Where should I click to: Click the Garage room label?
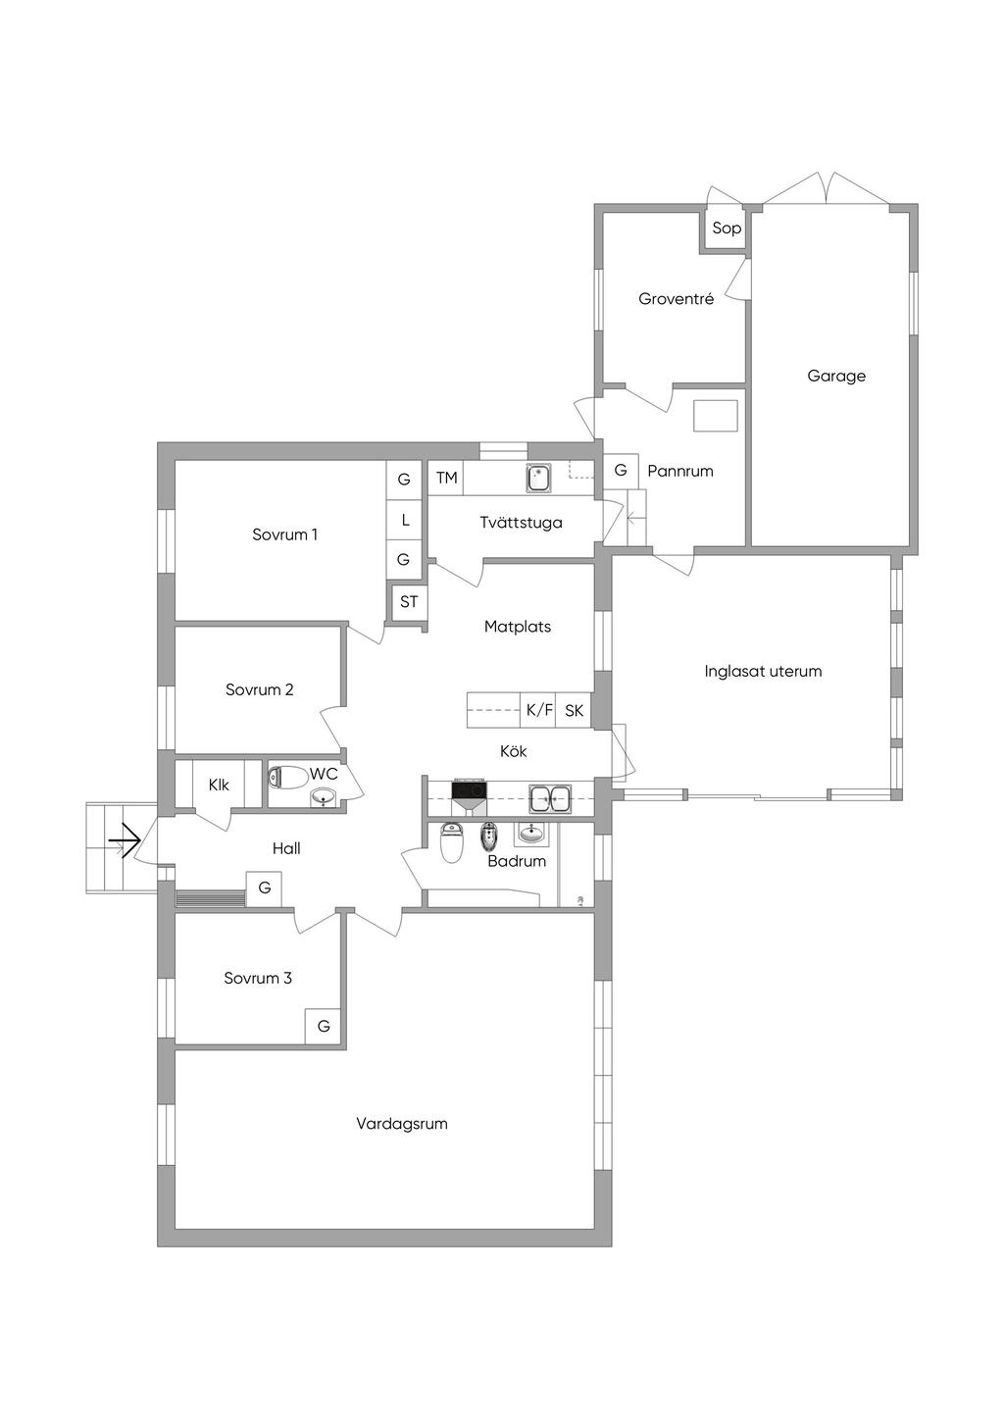click(x=836, y=377)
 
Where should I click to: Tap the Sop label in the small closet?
click(x=727, y=228)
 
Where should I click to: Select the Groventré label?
click(x=677, y=299)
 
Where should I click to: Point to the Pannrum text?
click(x=679, y=471)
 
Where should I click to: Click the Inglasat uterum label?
click(x=763, y=671)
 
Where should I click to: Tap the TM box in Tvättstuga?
click(x=446, y=478)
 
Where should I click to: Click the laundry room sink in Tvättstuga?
click(x=538, y=478)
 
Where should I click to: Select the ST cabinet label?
click(x=409, y=601)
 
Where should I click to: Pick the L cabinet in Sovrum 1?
click(x=404, y=520)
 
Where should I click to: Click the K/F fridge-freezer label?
click(x=538, y=710)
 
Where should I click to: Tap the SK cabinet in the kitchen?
click(x=574, y=710)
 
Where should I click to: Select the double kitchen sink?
click(x=550, y=798)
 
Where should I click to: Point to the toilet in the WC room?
click(x=287, y=777)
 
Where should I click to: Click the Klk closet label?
click(x=219, y=786)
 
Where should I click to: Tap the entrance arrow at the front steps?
click(x=125, y=841)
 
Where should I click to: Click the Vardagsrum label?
click(x=402, y=1124)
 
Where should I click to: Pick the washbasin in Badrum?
click(x=531, y=833)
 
